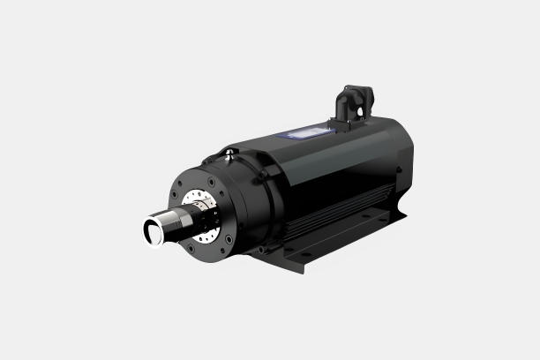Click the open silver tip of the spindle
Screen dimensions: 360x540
(x=153, y=231)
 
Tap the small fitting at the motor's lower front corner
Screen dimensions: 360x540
(x=261, y=250)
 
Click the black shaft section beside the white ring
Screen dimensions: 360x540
(x=186, y=221)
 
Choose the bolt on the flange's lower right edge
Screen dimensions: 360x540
(x=229, y=238)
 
